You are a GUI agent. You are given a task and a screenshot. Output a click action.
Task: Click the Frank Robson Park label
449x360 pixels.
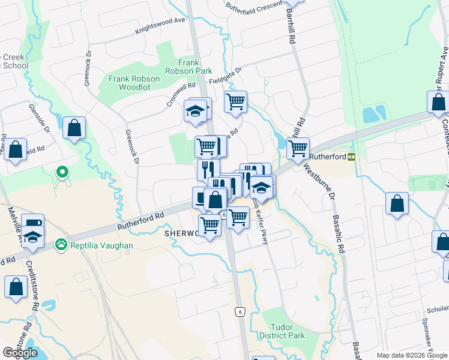click(196, 67)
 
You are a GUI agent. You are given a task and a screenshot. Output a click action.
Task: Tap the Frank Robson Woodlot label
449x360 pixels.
click(134, 83)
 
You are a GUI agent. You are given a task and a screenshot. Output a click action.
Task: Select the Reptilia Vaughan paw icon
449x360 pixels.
click(61, 244)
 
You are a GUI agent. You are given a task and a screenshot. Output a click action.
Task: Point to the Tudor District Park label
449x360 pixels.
click(283, 331)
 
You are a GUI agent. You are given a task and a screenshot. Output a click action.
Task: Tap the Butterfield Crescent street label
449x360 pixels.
click(253, 7)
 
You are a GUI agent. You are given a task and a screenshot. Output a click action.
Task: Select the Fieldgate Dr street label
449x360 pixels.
click(225, 77)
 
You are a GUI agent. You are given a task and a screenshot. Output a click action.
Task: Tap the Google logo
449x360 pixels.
click(20, 353)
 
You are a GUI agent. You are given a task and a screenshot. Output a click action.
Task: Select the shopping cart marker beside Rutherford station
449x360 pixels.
click(298, 148)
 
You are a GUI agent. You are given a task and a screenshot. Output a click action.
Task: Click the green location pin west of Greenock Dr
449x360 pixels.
click(62, 173)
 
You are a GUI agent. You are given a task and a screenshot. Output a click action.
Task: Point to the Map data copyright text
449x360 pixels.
click(411, 355)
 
